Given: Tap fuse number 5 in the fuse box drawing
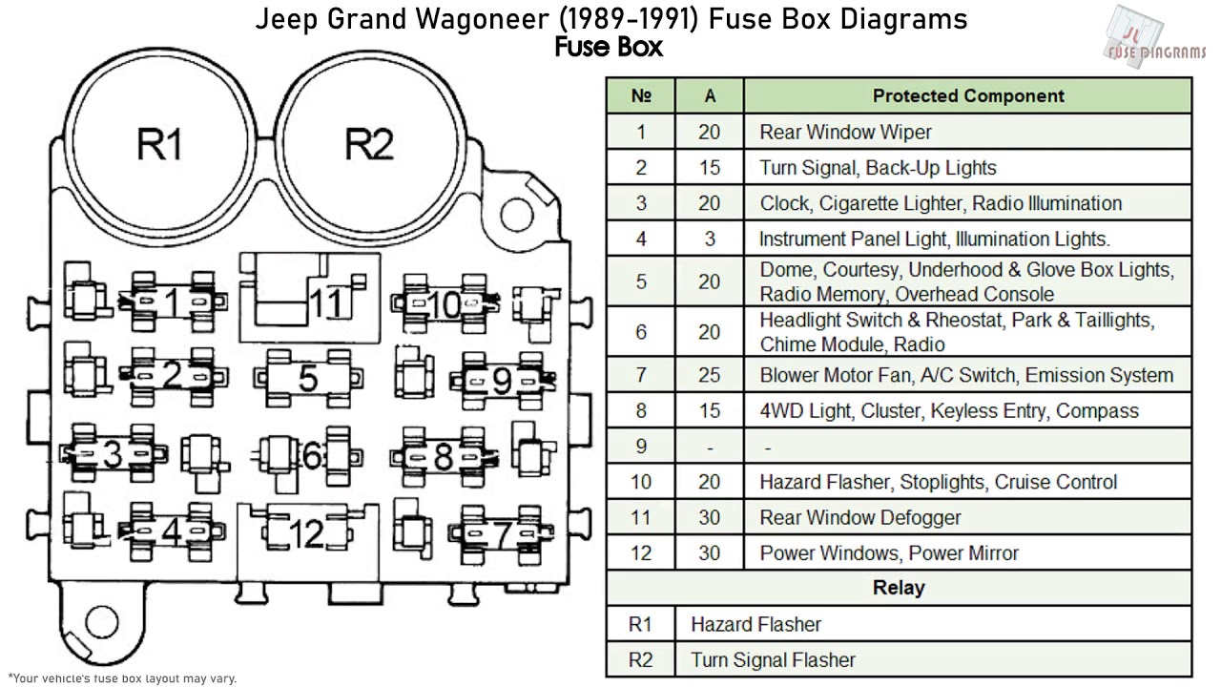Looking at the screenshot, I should tap(307, 379).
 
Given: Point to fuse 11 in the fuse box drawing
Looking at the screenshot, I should tap(310, 297).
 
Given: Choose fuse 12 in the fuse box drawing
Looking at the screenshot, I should tap(306, 534).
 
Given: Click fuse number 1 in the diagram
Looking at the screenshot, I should tap(172, 303).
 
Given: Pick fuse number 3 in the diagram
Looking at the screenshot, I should tap(113, 455).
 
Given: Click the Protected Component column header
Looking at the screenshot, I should tap(967, 96).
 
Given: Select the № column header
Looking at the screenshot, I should tap(640, 96).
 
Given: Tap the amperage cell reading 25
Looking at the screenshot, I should tap(709, 375).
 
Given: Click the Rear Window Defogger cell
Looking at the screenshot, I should tap(859, 517).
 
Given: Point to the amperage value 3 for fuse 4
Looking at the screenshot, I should tap(709, 239).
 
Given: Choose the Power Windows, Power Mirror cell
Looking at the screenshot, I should tap(889, 552).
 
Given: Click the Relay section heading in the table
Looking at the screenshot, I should tap(898, 588).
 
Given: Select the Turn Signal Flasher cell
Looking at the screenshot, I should tap(773, 659).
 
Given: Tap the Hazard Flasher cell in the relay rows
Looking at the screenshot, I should tap(755, 624).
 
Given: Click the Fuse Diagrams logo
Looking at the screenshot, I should tap(1153, 38).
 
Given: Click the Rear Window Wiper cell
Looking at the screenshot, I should tap(845, 132).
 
